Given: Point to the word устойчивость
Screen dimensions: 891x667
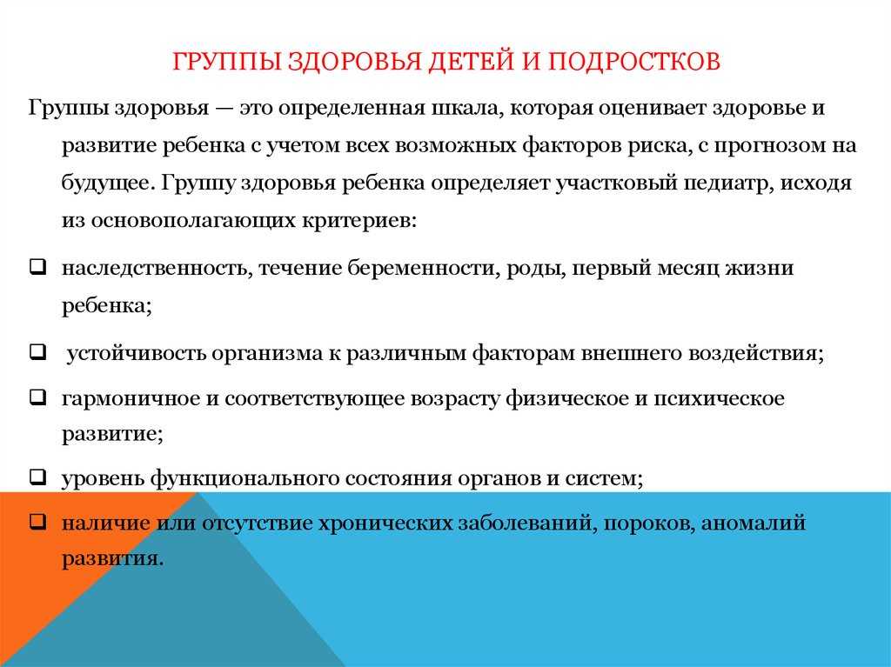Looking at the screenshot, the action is point(136,353).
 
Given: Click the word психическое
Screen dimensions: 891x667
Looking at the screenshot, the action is point(719,398).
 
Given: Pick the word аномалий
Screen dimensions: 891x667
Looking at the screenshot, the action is point(753,523).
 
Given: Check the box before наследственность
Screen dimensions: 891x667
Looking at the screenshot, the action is point(37,266).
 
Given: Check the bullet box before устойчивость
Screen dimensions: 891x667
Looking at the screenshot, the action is point(37,351).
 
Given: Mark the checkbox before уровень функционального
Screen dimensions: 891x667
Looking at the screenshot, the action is point(37,476).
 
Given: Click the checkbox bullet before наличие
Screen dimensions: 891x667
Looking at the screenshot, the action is point(37,520).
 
